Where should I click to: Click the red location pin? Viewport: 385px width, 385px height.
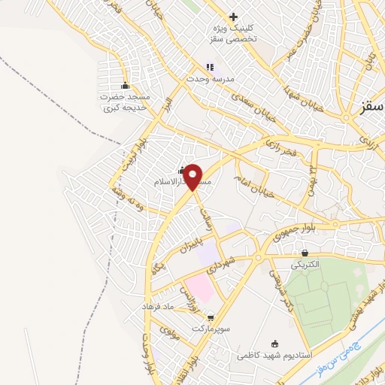click(x=193, y=176)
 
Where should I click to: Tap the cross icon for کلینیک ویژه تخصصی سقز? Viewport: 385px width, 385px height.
click(x=233, y=17)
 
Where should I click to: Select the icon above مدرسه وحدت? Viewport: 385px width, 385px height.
click(x=211, y=68)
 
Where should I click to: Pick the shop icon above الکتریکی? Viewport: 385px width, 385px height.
click(x=305, y=253)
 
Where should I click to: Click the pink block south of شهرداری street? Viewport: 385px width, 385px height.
click(x=199, y=285)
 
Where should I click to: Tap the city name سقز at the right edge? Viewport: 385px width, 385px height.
click(x=368, y=111)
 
